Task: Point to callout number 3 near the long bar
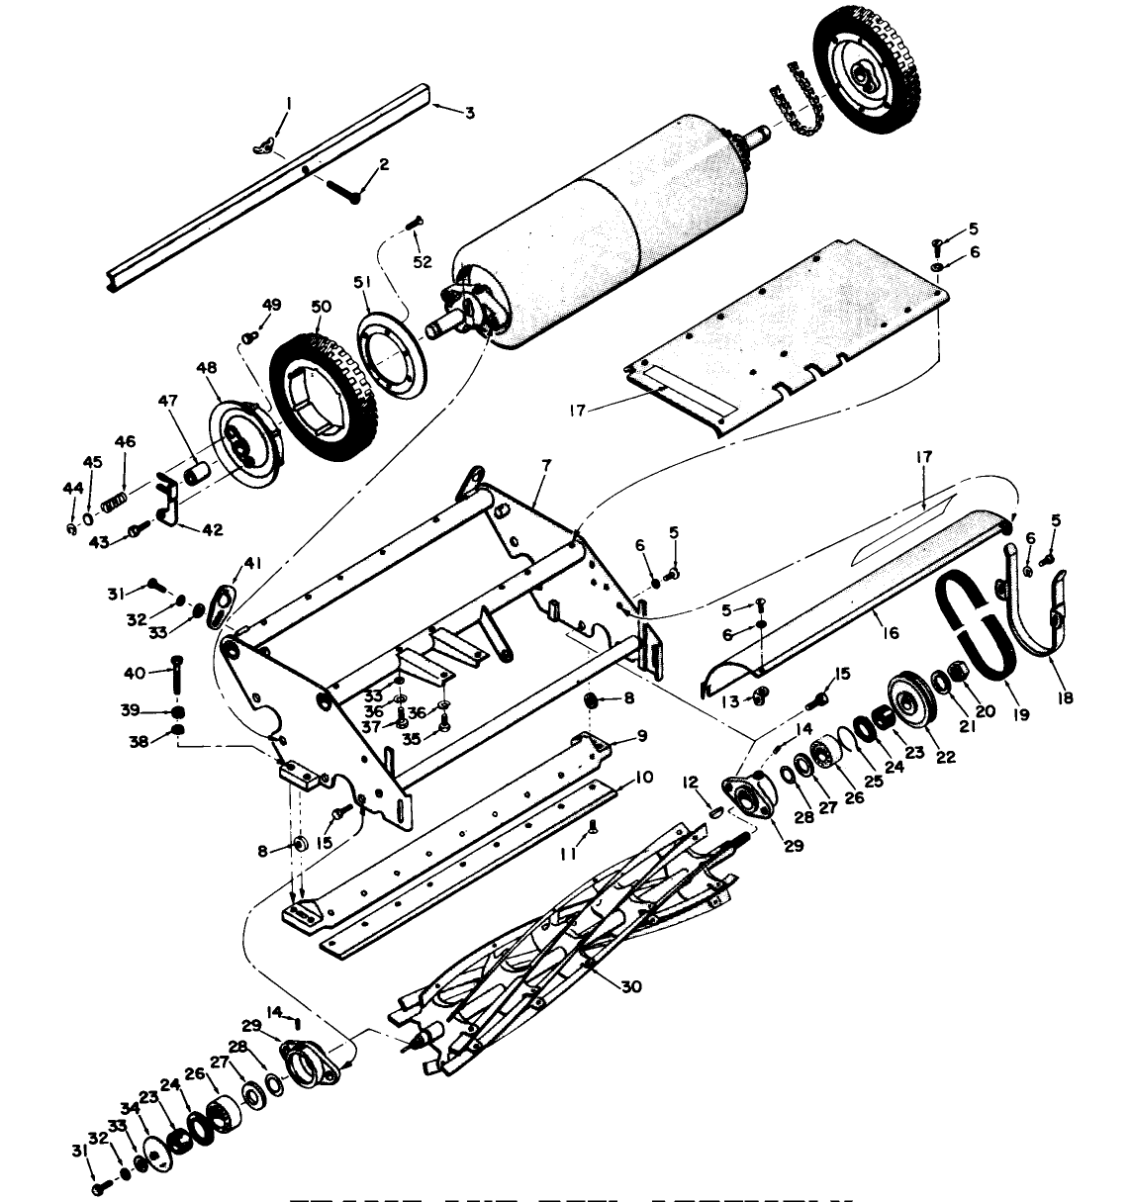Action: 469,114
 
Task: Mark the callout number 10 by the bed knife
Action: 643,779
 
